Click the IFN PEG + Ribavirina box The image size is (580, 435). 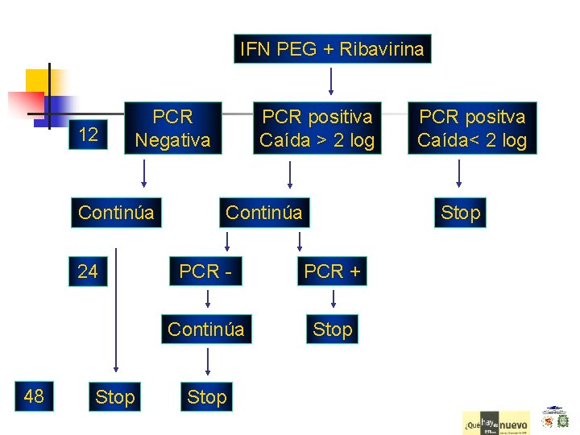click(332, 49)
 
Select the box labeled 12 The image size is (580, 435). click(89, 135)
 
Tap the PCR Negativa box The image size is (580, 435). click(172, 128)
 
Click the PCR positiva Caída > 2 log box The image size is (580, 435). click(317, 128)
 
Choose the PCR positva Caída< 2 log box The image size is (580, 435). click(472, 128)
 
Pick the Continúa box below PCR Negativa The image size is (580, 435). click(116, 213)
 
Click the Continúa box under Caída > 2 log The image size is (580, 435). click(264, 213)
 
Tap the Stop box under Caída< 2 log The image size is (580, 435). click(460, 213)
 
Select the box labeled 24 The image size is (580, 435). click(88, 271)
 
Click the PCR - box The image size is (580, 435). click(206, 271)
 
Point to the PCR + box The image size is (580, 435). click(332, 271)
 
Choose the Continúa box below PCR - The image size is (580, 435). click(205, 329)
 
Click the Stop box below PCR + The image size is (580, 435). click(332, 329)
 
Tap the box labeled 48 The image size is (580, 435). click(34, 396)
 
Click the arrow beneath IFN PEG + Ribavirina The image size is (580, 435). click(332, 81)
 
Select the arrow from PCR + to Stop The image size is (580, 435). click(332, 300)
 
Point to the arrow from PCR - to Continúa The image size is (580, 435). click(207, 300)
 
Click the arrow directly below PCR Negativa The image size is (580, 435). click(144, 173)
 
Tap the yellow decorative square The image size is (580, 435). click(39, 81)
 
